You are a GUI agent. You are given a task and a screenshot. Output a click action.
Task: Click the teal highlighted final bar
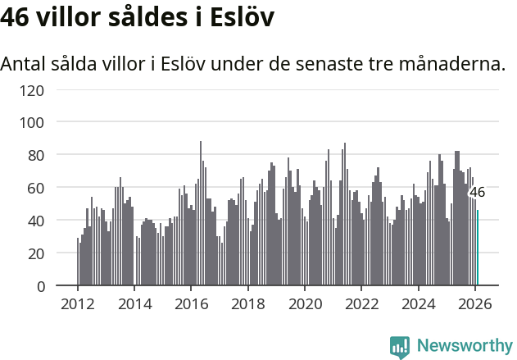pos(478,248)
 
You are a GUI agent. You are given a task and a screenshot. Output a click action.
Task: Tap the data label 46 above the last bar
pos(477,193)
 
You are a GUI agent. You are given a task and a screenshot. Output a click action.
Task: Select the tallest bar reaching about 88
pos(201,213)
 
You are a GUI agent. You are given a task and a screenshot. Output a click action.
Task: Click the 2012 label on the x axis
pos(78,304)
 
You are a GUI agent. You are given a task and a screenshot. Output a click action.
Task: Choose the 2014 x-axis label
pos(134,304)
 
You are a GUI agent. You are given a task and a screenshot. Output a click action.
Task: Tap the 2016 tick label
pos(191,304)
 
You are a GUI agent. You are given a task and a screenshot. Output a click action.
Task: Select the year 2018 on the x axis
pos(248,304)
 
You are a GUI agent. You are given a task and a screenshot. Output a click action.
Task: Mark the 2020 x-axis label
pos(305,304)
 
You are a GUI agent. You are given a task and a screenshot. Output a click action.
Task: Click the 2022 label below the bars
pos(361,304)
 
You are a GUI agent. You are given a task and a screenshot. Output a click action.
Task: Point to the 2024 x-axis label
pos(418,304)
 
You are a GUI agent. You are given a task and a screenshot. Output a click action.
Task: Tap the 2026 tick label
pos(474,304)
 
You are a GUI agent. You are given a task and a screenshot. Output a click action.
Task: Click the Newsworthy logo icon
pos(400,346)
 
